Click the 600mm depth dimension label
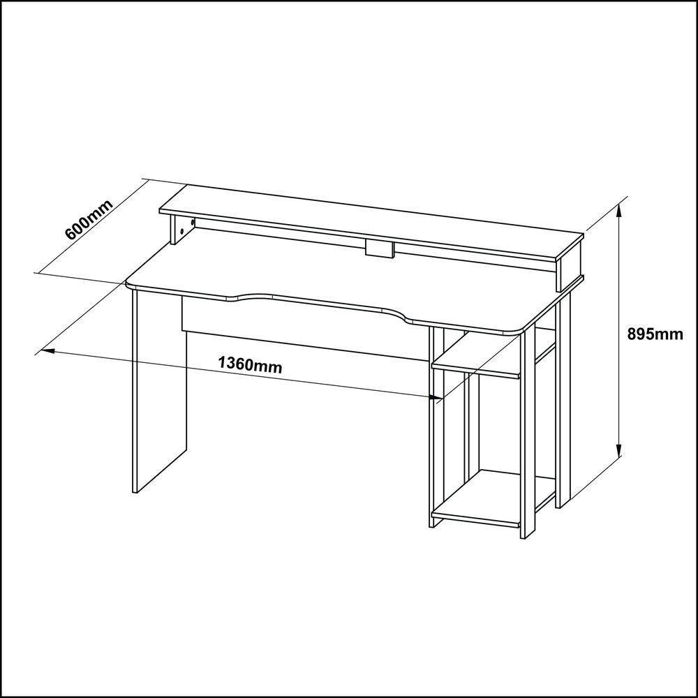(x=89, y=221)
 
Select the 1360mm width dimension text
(x=250, y=365)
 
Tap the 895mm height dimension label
(x=654, y=334)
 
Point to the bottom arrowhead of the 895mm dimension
(x=619, y=453)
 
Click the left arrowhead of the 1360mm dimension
(x=46, y=350)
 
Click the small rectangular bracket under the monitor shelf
(x=380, y=249)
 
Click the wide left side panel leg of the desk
(x=159, y=391)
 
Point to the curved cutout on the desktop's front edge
(x=321, y=306)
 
